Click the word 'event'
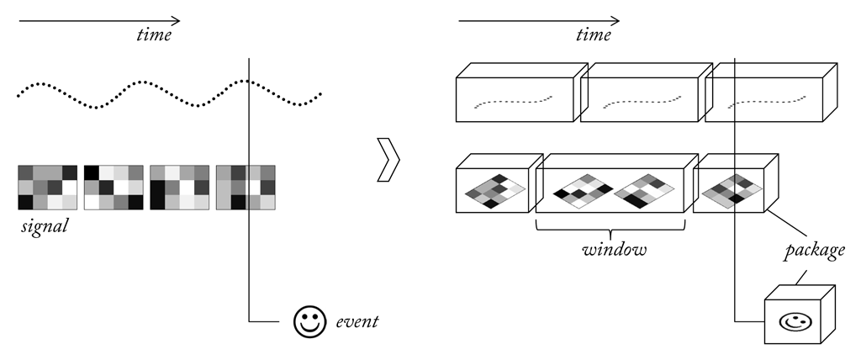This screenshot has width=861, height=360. pyautogui.click(x=357, y=321)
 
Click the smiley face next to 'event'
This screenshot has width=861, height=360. pyautogui.click(x=309, y=321)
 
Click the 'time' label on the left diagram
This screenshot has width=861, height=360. pyautogui.click(x=154, y=35)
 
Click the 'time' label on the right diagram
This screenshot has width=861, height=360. pyautogui.click(x=594, y=35)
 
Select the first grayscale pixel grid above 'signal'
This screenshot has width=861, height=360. pyautogui.click(x=47, y=188)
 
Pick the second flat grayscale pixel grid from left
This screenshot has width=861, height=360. pyautogui.click(x=114, y=188)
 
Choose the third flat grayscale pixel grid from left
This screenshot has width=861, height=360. pyautogui.click(x=179, y=188)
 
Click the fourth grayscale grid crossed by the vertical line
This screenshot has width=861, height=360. pyautogui.click(x=246, y=188)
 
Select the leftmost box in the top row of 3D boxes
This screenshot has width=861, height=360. pyautogui.click(x=515, y=99)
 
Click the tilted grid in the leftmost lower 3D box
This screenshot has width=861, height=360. pyautogui.click(x=495, y=191)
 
